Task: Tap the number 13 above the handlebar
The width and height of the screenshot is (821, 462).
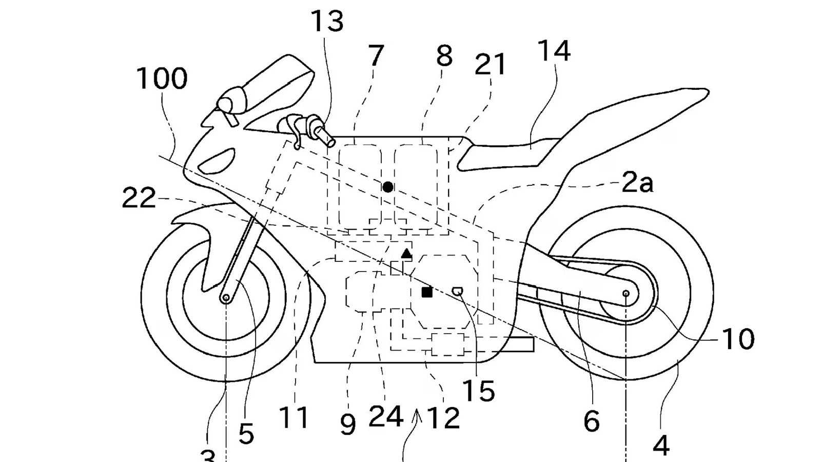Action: coord(327,22)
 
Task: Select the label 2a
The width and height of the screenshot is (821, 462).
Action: coord(637,183)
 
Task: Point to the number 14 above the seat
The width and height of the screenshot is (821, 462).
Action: coord(554,51)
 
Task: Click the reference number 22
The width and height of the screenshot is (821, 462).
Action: coord(139,198)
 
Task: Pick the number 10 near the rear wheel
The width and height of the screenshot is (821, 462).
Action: coord(738,339)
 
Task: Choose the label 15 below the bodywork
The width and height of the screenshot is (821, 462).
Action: coord(478,391)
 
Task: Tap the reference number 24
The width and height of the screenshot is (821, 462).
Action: coord(386,417)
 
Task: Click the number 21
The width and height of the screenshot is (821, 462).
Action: coord(491,65)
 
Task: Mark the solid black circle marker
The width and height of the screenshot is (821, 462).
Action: coord(388,187)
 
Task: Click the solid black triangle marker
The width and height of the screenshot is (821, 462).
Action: coord(406,253)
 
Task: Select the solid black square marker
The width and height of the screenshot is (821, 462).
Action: coord(426,292)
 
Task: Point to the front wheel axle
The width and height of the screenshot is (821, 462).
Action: coord(225,298)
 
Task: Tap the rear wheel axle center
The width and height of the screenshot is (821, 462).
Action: coord(626,294)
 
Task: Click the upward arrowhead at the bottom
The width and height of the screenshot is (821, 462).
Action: coord(418,414)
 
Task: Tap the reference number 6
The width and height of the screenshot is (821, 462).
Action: coord(591,422)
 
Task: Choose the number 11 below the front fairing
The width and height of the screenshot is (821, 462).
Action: coord(295,418)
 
